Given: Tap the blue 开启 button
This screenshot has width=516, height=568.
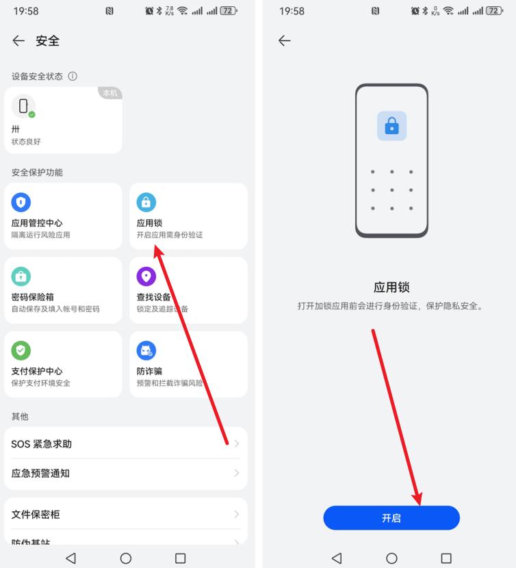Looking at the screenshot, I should click(x=391, y=518).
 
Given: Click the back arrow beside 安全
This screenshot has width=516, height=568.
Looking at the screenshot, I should click(x=18, y=41).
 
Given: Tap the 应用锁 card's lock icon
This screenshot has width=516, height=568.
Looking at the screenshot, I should click(x=146, y=202).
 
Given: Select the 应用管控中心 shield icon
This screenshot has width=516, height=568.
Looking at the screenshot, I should click(x=21, y=202).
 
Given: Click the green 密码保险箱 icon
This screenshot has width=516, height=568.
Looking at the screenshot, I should click(x=21, y=276).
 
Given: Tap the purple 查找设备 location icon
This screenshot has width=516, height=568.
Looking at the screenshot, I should click(x=146, y=276).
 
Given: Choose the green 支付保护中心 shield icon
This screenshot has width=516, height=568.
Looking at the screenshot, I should click(x=21, y=350).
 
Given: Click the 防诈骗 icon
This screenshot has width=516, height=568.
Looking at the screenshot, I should click(x=146, y=350).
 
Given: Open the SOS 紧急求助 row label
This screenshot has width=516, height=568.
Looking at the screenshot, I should click(x=42, y=444).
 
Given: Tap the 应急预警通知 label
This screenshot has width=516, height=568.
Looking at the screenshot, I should click(x=40, y=474).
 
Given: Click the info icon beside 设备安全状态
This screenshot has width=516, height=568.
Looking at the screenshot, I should click(x=73, y=77).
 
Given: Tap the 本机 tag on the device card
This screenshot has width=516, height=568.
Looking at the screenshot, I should click(x=109, y=93).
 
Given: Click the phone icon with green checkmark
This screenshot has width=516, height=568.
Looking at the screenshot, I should click(x=24, y=106).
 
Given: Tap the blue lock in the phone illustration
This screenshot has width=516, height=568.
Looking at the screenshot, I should click(x=391, y=126).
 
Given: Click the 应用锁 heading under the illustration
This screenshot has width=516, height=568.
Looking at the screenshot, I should click(x=391, y=287).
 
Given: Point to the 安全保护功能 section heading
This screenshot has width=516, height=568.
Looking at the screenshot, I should click(x=37, y=172).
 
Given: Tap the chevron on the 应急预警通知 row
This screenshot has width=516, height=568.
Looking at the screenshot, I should click(x=236, y=474).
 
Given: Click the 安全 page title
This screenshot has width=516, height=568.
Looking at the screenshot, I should click(x=48, y=41).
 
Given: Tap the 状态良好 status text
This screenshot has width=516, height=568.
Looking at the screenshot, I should click(x=27, y=142).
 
